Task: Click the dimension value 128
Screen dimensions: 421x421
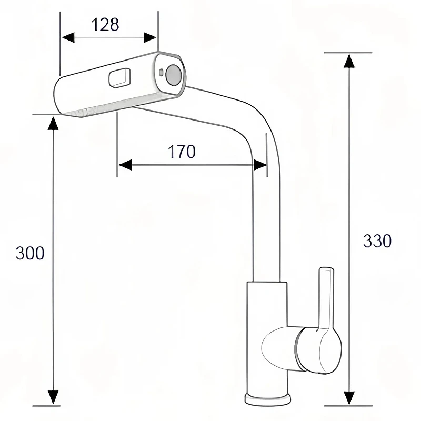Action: [x=105, y=25]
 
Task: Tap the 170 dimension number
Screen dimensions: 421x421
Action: [x=182, y=152]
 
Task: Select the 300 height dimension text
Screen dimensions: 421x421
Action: [x=30, y=253]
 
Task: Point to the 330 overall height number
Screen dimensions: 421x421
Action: [x=377, y=241]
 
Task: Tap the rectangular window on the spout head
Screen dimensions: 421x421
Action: [x=119, y=78]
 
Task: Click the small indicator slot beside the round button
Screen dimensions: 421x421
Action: [x=161, y=72]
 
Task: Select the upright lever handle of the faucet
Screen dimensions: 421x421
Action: [x=326, y=298]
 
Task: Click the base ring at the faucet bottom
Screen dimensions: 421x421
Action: [x=268, y=399]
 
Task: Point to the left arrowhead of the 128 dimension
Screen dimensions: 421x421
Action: [x=68, y=37]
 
